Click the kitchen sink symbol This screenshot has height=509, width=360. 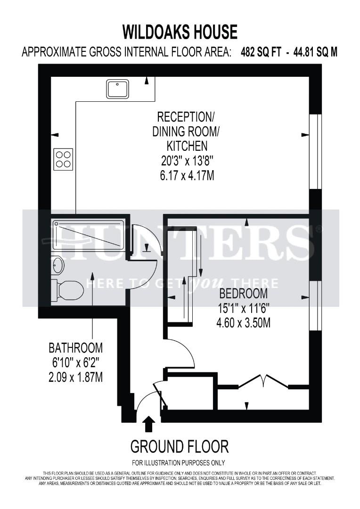117,89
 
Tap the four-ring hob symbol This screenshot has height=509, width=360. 64,159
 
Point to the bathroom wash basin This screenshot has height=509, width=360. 57,265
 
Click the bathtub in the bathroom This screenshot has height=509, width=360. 88,230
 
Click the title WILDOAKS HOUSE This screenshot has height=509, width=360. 180,33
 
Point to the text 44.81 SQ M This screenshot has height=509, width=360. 315,52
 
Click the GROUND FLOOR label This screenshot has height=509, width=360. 180,446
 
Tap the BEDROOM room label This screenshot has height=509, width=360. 244,294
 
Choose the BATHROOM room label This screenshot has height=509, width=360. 76,348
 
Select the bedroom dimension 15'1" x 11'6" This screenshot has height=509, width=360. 244,309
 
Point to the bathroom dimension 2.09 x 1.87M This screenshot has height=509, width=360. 76,378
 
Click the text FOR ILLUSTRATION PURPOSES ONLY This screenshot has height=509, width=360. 178,462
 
